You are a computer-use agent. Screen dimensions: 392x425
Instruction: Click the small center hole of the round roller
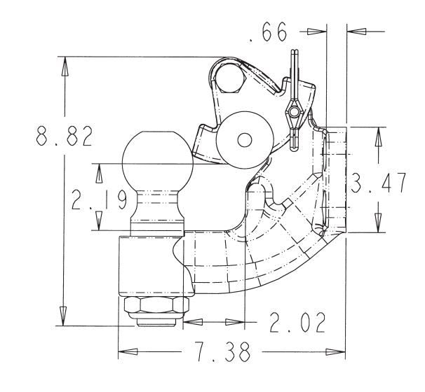click(x=244, y=140)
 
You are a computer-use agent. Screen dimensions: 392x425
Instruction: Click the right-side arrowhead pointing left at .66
click(x=356, y=31)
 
